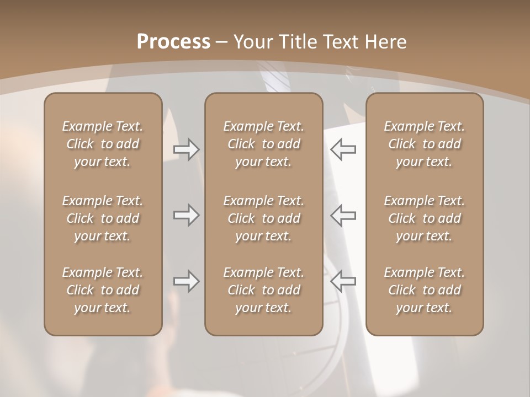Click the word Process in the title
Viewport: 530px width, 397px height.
[x=173, y=42]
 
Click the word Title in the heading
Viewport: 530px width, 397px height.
[x=300, y=42]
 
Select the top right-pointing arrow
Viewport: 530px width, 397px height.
[x=186, y=149]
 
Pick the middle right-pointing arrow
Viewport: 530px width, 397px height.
[x=186, y=215]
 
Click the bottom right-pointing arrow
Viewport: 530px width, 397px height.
[x=186, y=281]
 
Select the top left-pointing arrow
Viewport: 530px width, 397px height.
[x=343, y=149]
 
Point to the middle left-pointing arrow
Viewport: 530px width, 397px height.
[x=343, y=215]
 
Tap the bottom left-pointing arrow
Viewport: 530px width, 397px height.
[x=343, y=281]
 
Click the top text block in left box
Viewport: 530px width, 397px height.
[x=103, y=144]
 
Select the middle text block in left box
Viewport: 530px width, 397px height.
[x=103, y=218]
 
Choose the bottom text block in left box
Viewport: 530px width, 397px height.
[x=103, y=290]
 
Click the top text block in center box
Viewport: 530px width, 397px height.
[x=264, y=144]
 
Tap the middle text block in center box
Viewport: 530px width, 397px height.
[x=264, y=218]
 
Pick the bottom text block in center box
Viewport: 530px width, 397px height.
[x=264, y=290]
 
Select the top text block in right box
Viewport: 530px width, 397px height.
[x=425, y=144]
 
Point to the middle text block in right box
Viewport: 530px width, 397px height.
[x=425, y=218]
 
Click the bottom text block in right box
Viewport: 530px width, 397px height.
[x=425, y=290]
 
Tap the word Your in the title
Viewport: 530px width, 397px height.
[x=253, y=42]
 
